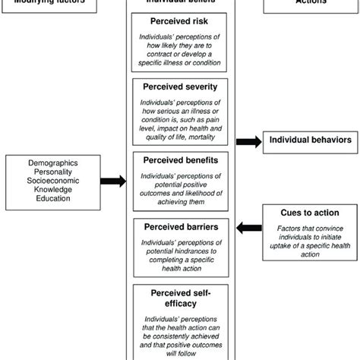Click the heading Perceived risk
pyautogui.click(x=179, y=22)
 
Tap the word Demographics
pyautogui.click(x=58, y=163)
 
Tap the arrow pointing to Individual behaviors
pyautogui.click(x=247, y=141)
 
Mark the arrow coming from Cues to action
pyautogui.click(x=247, y=226)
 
